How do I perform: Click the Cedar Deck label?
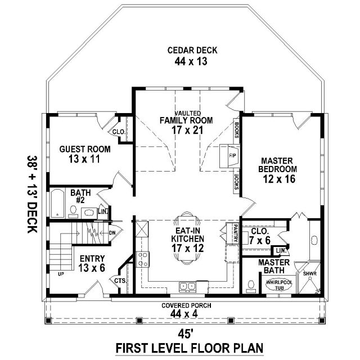click(x=192, y=50)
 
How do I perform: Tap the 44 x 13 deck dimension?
click(x=191, y=61)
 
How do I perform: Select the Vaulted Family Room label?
click(x=186, y=118)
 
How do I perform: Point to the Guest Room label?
click(x=85, y=149)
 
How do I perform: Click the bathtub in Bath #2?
click(x=57, y=203)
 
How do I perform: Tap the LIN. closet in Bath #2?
click(x=103, y=211)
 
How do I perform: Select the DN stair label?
click(x=112, y=233)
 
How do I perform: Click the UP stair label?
click(x=61, y=274)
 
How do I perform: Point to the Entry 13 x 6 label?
click(x=92, y=263)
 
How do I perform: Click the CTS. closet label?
click(x=120, y=281)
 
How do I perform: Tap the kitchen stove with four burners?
click(x=142, y=259)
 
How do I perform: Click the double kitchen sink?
click(x=187, y=286)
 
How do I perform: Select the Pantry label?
click(x=235, y=233)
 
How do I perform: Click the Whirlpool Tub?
click(x=279, y=285)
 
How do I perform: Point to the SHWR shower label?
click(x=310, y=274)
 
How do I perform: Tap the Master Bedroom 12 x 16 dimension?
click(x=279, y=179)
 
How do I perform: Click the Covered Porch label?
click(x=186, y=305)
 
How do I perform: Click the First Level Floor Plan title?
click(x=190, y=348)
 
